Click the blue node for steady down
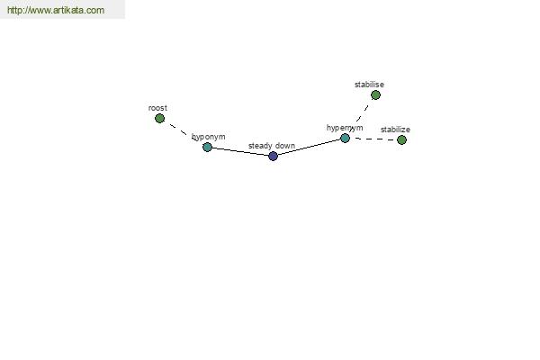point(273,156)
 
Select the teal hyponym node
point(207,147)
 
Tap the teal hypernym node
point(345,138)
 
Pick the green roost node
point(159,119)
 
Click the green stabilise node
point(375,94)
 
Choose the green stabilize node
point(401,139)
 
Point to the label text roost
point(157,108)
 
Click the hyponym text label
point(209,137)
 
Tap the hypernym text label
point(345,128)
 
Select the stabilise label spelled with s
point(369,85)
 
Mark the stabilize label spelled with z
point(395,130)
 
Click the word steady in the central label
point(260,146)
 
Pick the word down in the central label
point(284,146)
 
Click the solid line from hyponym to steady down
point(240,151)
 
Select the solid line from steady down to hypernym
point(309,147)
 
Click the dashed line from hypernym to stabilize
point(373,139)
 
